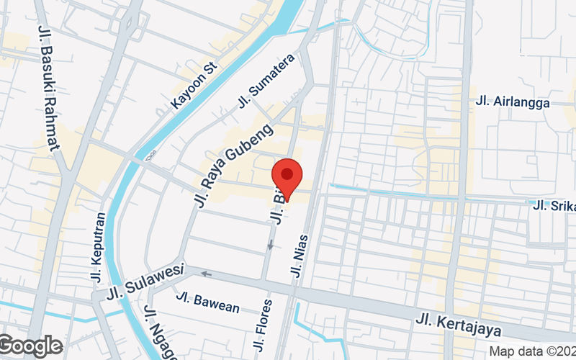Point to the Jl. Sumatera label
coord(266,82)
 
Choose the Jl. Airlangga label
coord(513,102)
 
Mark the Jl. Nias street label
coord(300,256)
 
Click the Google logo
coord(31,346)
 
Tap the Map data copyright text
coord(531,351)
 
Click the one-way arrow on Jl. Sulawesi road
coord(206,274)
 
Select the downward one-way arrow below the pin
coord(271,246)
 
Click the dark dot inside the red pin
coord(287,174)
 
